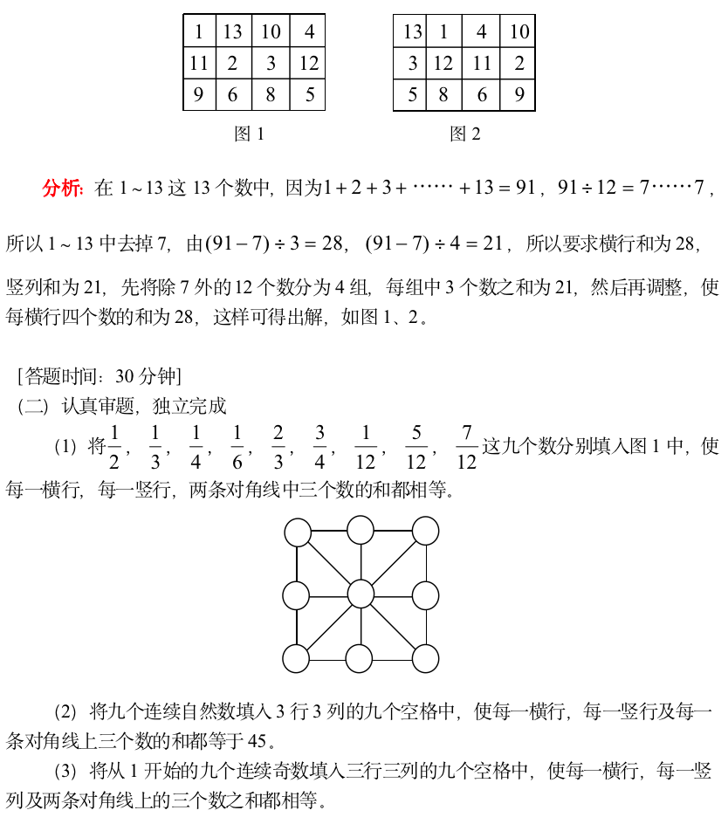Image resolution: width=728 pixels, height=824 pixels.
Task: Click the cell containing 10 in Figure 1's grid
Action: pyautogui.click(x=271, y=32)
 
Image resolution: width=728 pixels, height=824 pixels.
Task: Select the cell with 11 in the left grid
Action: pyautogui.click(x=199, y=63)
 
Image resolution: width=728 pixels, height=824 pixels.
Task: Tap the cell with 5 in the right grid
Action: pyautogui.click(x=412, y=94)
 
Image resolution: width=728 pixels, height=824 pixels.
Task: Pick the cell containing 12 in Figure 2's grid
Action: pyautogui.click(x=443, y=63)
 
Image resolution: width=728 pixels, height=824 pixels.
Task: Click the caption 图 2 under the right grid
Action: pyautogui.click(x=464, y=134)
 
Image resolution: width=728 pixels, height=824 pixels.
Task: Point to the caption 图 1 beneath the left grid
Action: pyautogui.click(x=249, y=134)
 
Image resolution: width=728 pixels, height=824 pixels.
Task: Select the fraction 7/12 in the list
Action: pyautogui.click(x=467, y=447)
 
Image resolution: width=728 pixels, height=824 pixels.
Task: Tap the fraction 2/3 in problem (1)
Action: pyautogui.click(x=278, y=447)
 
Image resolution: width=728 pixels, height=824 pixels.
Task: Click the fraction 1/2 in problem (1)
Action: pyautogui.click(x=113, y=447)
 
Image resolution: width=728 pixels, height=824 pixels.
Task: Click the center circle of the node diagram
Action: pyautogui.click(x=361, y=594)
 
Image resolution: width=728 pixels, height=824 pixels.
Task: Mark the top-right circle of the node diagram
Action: pyautogui.click(x=425, y=531)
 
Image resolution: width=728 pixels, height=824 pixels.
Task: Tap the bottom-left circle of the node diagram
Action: pyautogui.click(x=297, y=658)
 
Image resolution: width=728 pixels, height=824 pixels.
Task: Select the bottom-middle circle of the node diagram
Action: pyautogui.click(x=361, y=658)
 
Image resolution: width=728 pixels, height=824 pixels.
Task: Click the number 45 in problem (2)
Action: pyautogui.click(x=258, y=742)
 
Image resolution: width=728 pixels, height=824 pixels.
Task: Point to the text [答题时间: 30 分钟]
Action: pyautogui.click(x=99, y=376)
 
